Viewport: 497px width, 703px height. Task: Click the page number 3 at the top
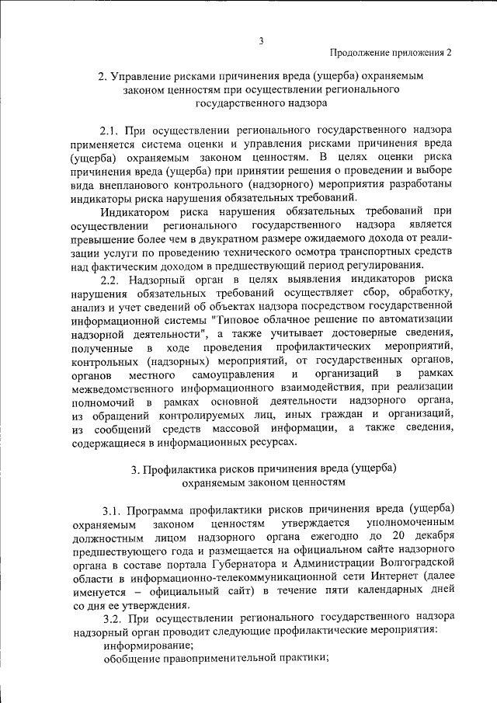click(262, 41)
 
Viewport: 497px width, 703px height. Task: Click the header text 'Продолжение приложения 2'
click(391, 53)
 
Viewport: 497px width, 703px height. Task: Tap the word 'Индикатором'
click(135, 212)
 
